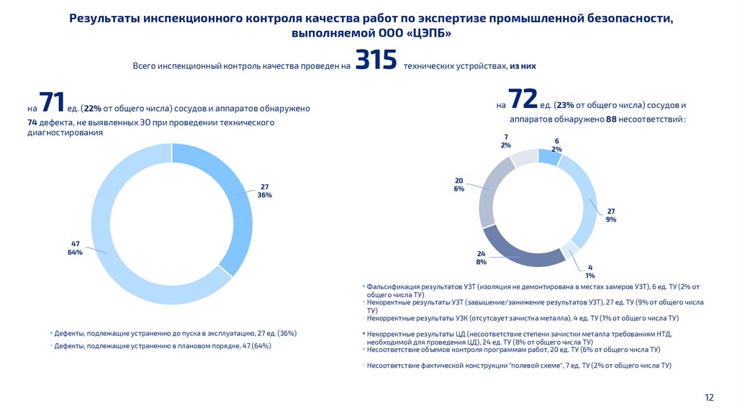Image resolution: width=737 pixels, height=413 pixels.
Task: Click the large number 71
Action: pyautogui.click(x=52, y=103)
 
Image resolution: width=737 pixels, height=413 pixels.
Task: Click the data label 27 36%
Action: pyautogui.click(x=264, y=191)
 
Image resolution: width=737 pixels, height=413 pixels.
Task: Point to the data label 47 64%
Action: pyautogui.click(x=76, y=248)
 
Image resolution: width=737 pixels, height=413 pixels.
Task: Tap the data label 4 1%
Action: pyautogui.click(x=590, y=271)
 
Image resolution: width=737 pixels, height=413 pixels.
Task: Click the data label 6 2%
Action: pyautogui.click(x=556, y=145)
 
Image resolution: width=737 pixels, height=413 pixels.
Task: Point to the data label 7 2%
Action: pyautogui.click(x=506, y=140)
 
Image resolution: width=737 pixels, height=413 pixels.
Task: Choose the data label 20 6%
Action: pyautogui.click(x=459, y=184)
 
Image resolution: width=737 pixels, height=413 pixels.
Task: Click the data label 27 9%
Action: pyautogui.click(x=611, y=215)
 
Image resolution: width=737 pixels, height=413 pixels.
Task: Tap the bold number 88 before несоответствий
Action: pyautogui.click(x=612, y=119)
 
